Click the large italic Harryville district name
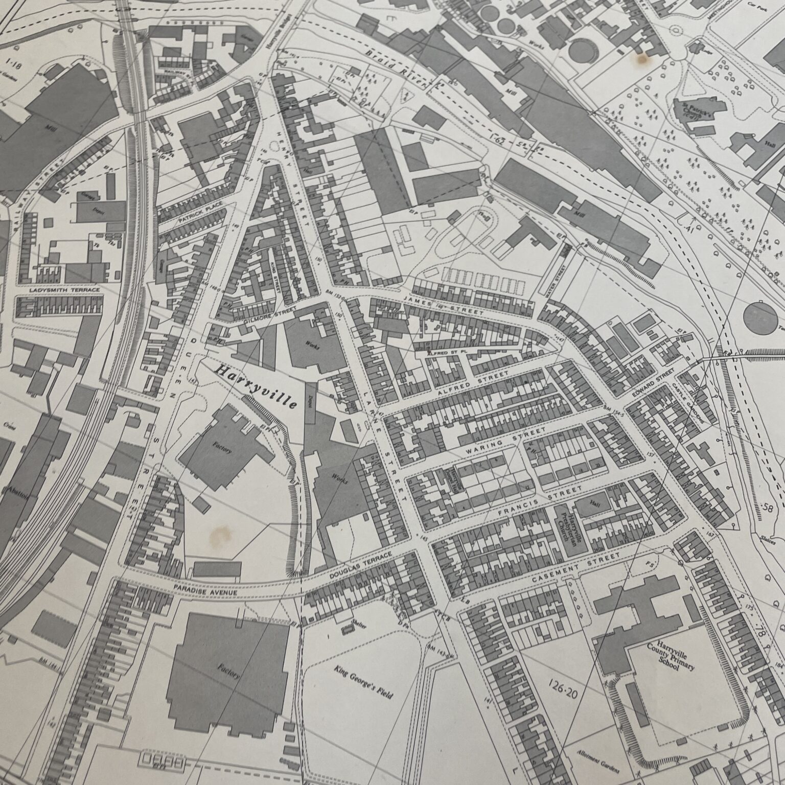point(257,386)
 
